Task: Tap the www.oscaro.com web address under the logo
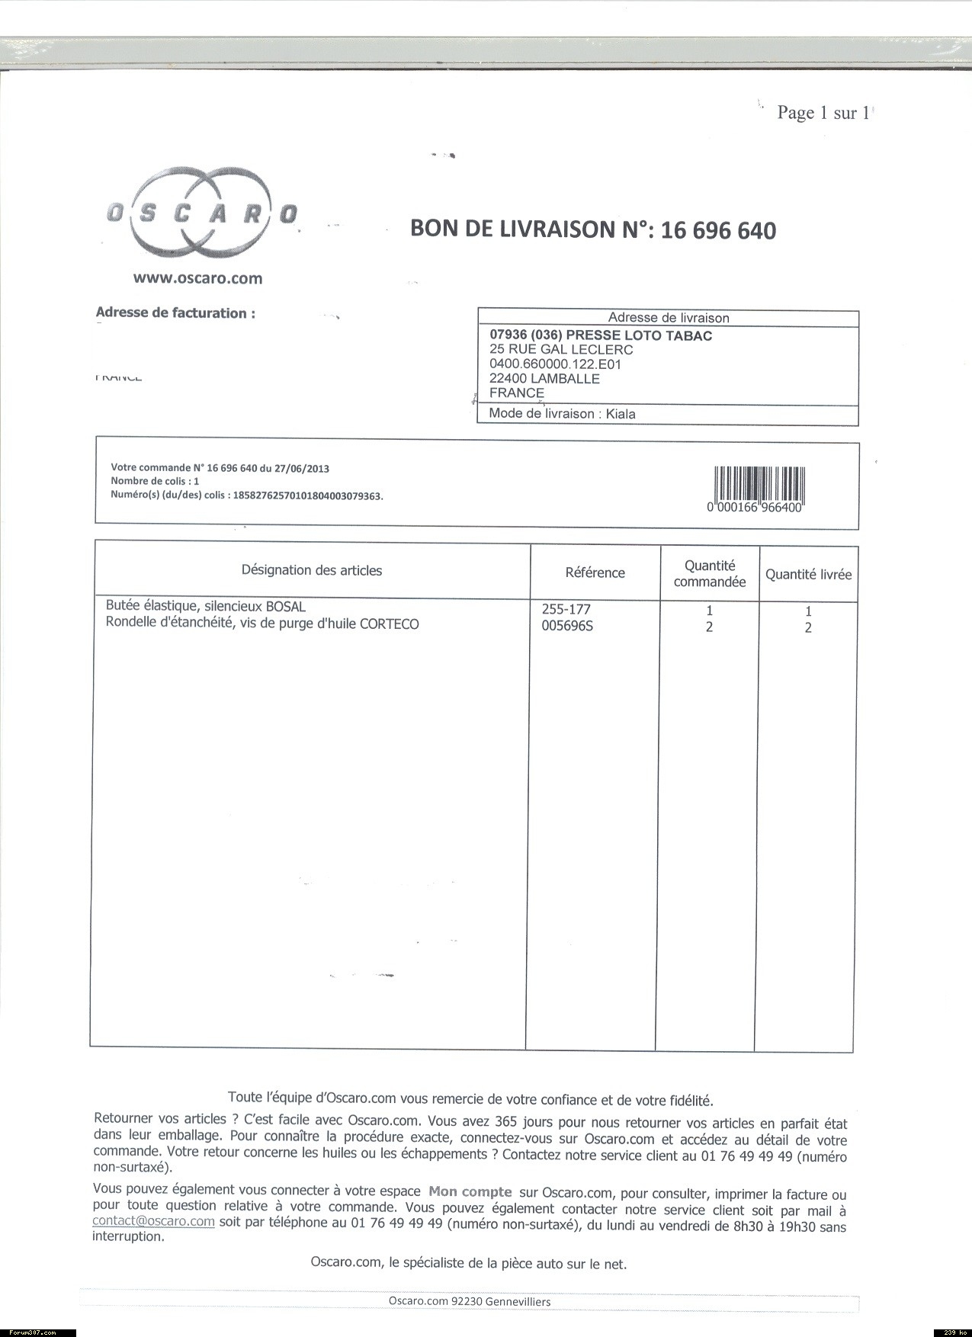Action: pos(197,278)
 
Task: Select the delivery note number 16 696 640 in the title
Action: pos(718,230)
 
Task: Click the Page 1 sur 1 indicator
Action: pos(823,113)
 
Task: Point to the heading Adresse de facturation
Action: pos(175,313)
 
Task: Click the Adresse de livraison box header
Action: pos(668,318)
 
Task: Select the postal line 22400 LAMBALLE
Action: pos(544,378)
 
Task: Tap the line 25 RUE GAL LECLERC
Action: pos(561,350)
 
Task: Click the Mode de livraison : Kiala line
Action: pos(562,414)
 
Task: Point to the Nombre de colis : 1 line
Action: pos(155,481)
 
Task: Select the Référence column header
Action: pos(595,572)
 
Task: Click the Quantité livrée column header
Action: pos(808,575)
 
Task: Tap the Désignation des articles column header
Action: pos(312,570)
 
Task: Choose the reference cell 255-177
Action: pos(566,609)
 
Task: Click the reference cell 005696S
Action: pos(566,627)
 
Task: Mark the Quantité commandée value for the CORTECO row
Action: pos(709,627)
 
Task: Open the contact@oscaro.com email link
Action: pos(153,1221)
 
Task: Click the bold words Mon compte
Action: pos(470,1191)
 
